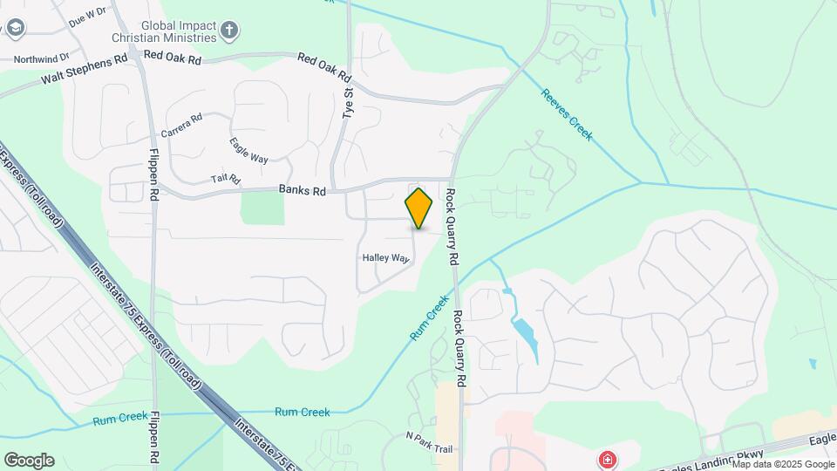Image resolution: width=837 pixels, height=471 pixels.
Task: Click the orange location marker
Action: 419,208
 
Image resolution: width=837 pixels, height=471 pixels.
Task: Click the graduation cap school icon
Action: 15,29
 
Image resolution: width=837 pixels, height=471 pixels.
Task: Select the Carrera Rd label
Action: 181,126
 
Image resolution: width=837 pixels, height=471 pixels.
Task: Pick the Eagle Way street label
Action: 248,150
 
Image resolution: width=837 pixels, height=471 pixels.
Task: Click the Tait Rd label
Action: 225,179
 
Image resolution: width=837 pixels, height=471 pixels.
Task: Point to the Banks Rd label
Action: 302,190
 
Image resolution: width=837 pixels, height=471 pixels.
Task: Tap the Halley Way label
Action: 385,258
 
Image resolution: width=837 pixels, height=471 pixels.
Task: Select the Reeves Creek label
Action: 567,114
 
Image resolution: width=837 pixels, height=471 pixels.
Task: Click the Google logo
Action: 29,461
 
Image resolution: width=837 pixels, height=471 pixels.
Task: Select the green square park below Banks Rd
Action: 262,208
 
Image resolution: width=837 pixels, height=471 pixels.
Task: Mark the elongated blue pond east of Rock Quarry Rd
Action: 525,336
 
